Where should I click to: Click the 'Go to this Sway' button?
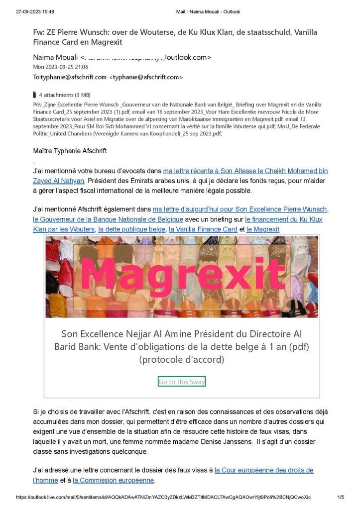click(x=181, y=382)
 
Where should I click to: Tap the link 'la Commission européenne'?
click(x=114, y=480)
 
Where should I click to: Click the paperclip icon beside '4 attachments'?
click(x=34, y=95)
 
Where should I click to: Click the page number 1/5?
click(x=341, y=497)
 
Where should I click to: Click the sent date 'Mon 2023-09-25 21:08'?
click(x=60, y=67)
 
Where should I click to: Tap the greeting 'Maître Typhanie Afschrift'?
click(x=70, y=151)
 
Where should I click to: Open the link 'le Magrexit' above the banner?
click(x=263, y=229)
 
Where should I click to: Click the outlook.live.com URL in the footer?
click(x=163, y=497)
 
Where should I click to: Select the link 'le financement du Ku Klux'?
click(x=283, y=219)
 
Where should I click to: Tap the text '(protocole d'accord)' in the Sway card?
click(x=182, y=359)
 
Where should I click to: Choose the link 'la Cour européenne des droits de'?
click(x=264, y=470)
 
